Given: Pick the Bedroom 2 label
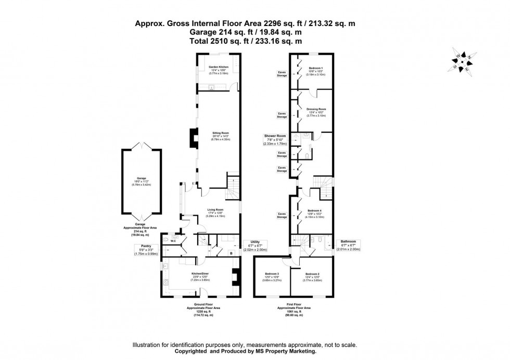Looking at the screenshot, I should tap(312, 275).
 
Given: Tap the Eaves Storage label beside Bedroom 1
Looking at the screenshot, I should tap(282, 74).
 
